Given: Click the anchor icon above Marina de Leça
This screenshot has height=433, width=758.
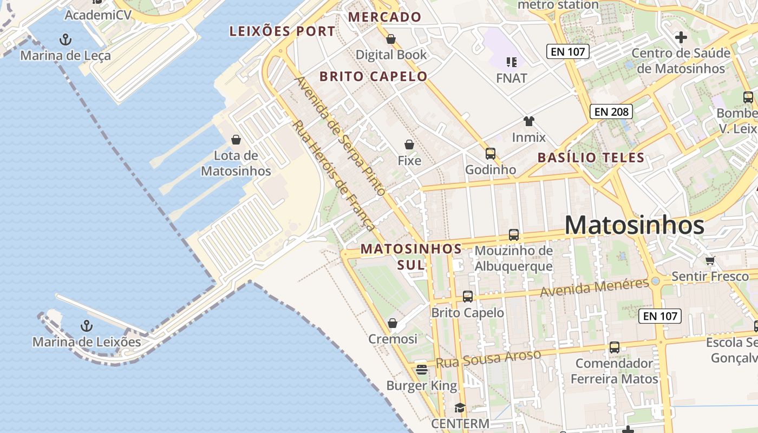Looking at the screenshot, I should click(65, 39).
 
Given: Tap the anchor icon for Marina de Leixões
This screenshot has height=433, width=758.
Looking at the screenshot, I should click(86, 326).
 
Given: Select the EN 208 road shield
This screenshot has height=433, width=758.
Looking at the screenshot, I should click(611, 111).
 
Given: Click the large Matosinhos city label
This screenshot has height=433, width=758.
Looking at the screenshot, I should click(634, 225).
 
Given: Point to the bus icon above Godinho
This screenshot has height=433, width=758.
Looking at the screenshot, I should click(490, 154).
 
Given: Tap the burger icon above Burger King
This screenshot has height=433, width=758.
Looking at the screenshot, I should click(422, 370).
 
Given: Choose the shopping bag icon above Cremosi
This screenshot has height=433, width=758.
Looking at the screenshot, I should click(393, 323).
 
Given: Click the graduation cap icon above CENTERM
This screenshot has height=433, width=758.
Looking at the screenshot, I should click(460, 408).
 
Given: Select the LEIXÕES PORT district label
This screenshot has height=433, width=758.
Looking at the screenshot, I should click(282, 31).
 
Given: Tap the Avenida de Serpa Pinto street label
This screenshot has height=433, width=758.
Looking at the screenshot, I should click(340, 135).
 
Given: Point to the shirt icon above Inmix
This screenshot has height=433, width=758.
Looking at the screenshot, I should click(528, 121).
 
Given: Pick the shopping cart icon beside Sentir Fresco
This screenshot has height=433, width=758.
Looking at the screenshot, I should click(710, 260).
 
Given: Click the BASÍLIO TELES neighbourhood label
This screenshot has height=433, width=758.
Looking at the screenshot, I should click(591, 158).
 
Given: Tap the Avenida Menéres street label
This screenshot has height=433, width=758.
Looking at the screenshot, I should click(594, 287).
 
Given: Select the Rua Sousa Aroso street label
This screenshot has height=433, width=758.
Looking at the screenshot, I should click(488, 359).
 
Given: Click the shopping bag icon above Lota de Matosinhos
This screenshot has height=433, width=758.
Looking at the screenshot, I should click(236, 140).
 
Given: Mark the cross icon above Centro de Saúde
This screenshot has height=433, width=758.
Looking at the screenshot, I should click(681, 37).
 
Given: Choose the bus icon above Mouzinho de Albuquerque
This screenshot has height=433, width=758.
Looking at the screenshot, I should click(514, 235).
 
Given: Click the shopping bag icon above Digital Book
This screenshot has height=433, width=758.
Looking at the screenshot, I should click(391, 39).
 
